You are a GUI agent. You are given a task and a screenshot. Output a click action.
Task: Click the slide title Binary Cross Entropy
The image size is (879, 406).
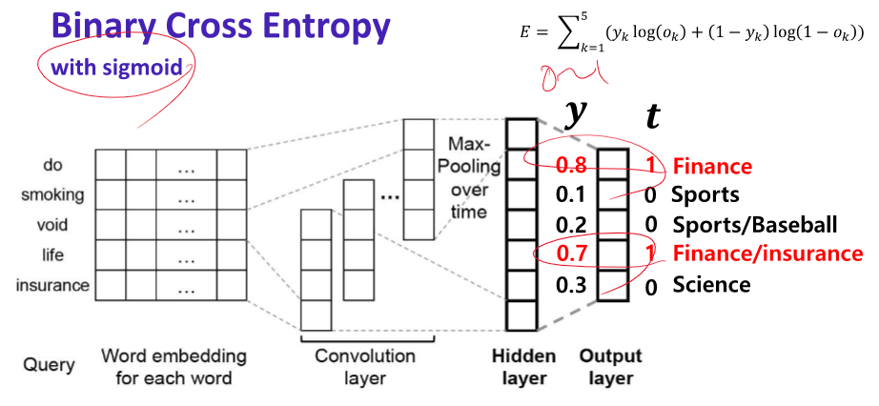[220, 26]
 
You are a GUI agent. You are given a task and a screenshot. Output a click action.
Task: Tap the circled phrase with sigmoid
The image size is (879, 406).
[116, 68]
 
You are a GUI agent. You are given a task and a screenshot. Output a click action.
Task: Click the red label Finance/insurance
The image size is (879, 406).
[767, 254]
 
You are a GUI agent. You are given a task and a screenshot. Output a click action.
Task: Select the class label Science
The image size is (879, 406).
[711, 284]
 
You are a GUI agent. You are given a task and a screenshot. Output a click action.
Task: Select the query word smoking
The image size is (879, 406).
[52, 195]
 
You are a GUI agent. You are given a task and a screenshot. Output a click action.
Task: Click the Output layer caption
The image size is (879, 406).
[610, 367]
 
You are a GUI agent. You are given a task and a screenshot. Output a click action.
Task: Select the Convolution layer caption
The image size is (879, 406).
[365, 367]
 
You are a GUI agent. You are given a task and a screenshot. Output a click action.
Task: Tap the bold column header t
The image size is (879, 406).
[652, 117]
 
